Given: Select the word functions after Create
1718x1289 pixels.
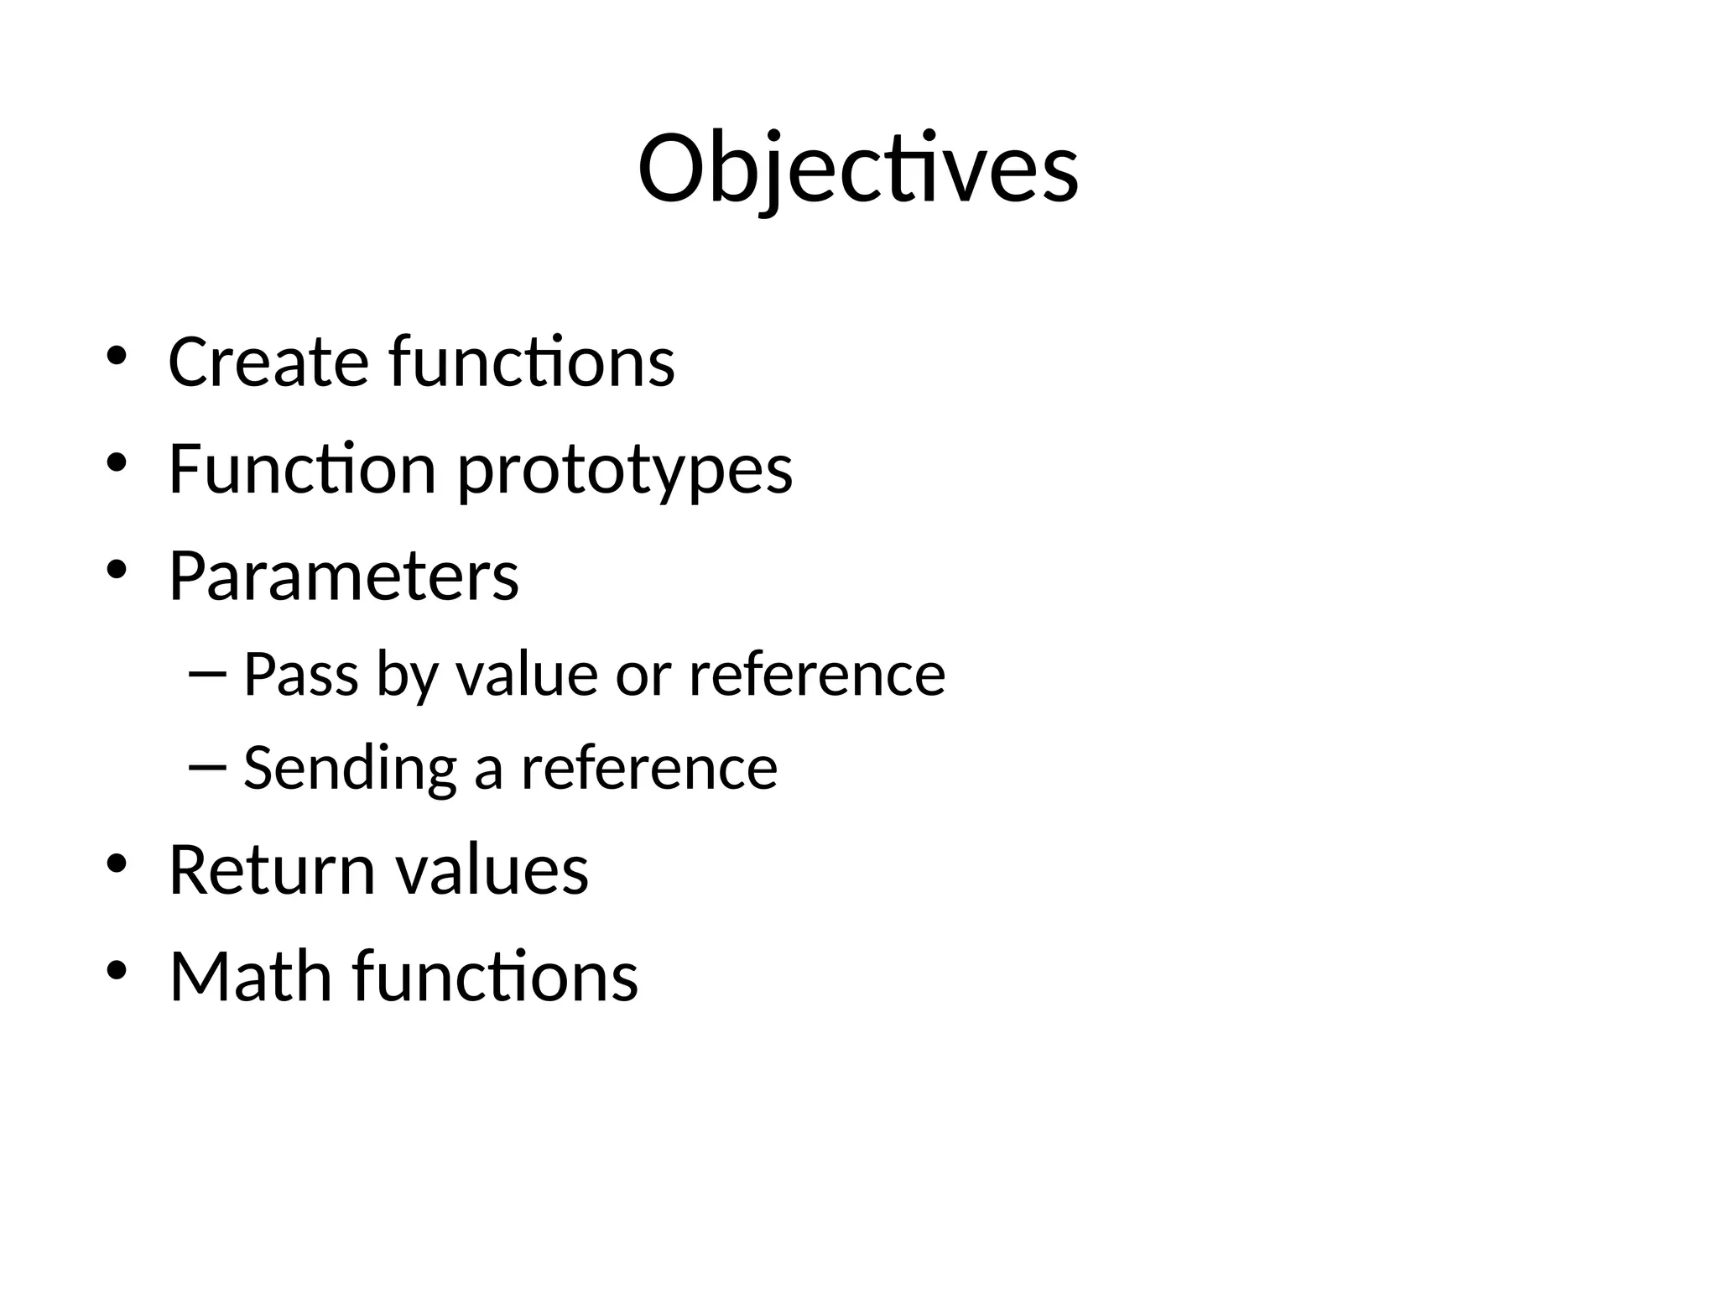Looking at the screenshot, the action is [532, 362].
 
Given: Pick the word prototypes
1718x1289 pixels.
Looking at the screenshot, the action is [624, 470].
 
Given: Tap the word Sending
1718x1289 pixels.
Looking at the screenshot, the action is [350, 768].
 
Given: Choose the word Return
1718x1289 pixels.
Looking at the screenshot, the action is [272, 870].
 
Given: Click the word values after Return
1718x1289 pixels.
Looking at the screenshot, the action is [492, 870].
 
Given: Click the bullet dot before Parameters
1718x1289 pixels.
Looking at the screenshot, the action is [116, 571].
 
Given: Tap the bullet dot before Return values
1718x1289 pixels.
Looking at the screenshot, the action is [116, 864].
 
